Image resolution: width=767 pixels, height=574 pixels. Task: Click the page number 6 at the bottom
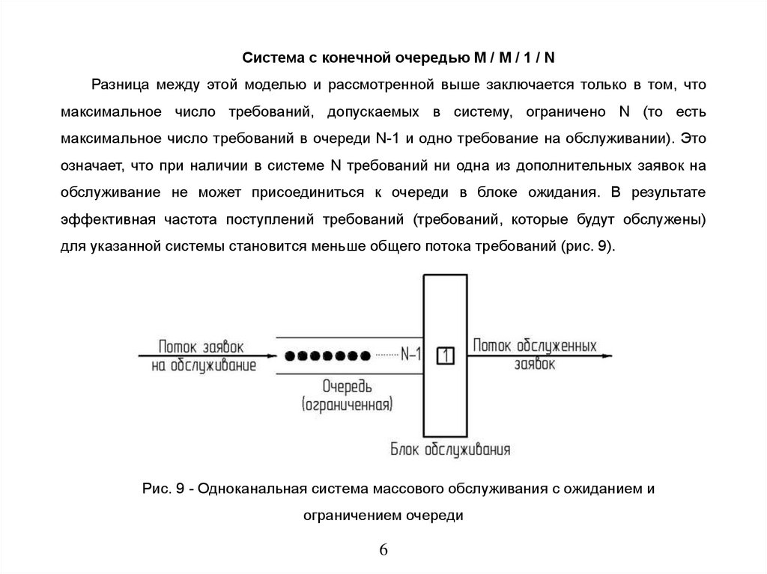click(x=383, y=549)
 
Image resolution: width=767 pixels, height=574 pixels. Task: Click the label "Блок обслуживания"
click(x=450, y=449)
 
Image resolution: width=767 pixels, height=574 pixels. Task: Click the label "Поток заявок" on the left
click(x=201, y=346)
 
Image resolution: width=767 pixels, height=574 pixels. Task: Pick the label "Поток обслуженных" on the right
click(x=534, y=346)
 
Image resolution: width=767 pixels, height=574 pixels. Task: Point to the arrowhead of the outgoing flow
click(x=607, y=355)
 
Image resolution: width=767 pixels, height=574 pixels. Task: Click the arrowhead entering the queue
click(x=270, y=355)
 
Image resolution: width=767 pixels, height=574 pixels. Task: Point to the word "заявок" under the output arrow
click(x=535, y=364)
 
